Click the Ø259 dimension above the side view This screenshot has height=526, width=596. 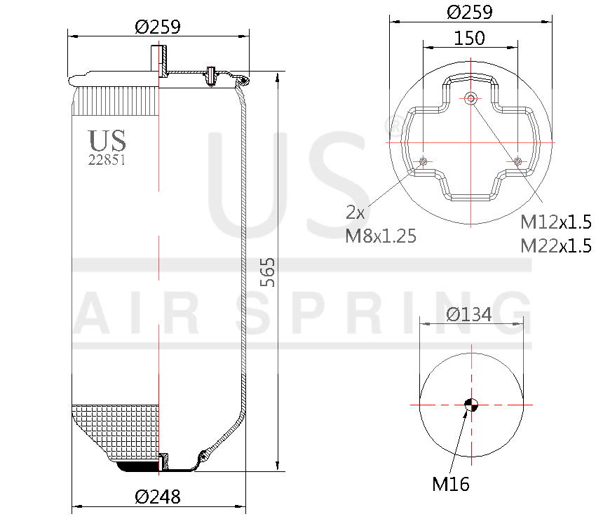click(x=158, y=27)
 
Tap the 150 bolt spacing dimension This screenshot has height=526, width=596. click(x=469, y=38)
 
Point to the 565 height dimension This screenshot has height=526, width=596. click(x=267, y=272)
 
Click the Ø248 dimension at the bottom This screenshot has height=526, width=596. click(x=158, y=497)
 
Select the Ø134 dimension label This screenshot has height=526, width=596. click(x=469, y=314)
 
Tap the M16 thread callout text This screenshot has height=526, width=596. click(x=450, y=483)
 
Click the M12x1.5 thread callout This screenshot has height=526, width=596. click(x=555, y=222)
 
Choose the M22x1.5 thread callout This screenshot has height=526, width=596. click(x=555, y=245)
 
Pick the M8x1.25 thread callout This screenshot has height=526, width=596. click(x=381, y=236)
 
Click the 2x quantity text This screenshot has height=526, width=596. click(x=356, y=212)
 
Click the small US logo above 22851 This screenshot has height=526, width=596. click(x=107, y=140)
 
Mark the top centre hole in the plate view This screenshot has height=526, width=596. click(x=470, y=97)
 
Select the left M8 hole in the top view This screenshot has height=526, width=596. click(x=423, y=162)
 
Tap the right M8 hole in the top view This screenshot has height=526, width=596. click(x=517, y=162)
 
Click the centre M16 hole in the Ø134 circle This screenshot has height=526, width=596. click(x=471, y=404)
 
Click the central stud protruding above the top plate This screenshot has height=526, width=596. click(x=158, y=58)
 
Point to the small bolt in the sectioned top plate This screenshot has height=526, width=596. click(x=209, y=74)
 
